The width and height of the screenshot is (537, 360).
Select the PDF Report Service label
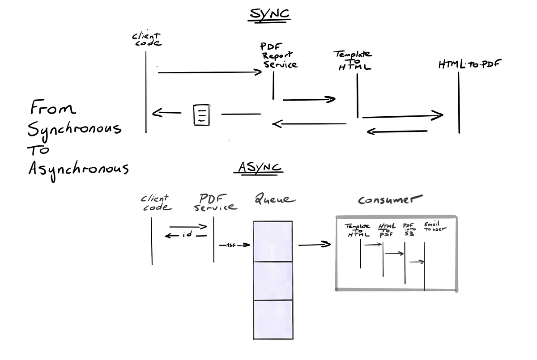(279, 55)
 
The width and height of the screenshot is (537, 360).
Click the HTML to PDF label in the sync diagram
(469, 64)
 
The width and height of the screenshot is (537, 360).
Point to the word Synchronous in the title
(74, 129)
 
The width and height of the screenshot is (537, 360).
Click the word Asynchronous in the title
(78, 169)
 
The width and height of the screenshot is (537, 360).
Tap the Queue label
(274, 199)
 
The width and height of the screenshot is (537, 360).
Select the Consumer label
(390, 199)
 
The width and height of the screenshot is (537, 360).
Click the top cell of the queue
(273, 241)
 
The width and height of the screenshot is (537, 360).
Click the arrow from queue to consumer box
(314, 245)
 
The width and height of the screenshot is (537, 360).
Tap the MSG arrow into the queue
(234, 245)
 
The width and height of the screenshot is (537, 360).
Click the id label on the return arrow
(188, 235)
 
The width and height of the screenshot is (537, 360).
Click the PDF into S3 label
(409, 228)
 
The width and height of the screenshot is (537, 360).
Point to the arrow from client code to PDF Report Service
(209, 72)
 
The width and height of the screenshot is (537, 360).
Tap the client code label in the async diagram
(156, 203)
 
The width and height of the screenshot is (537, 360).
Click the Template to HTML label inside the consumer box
(358, 230)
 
